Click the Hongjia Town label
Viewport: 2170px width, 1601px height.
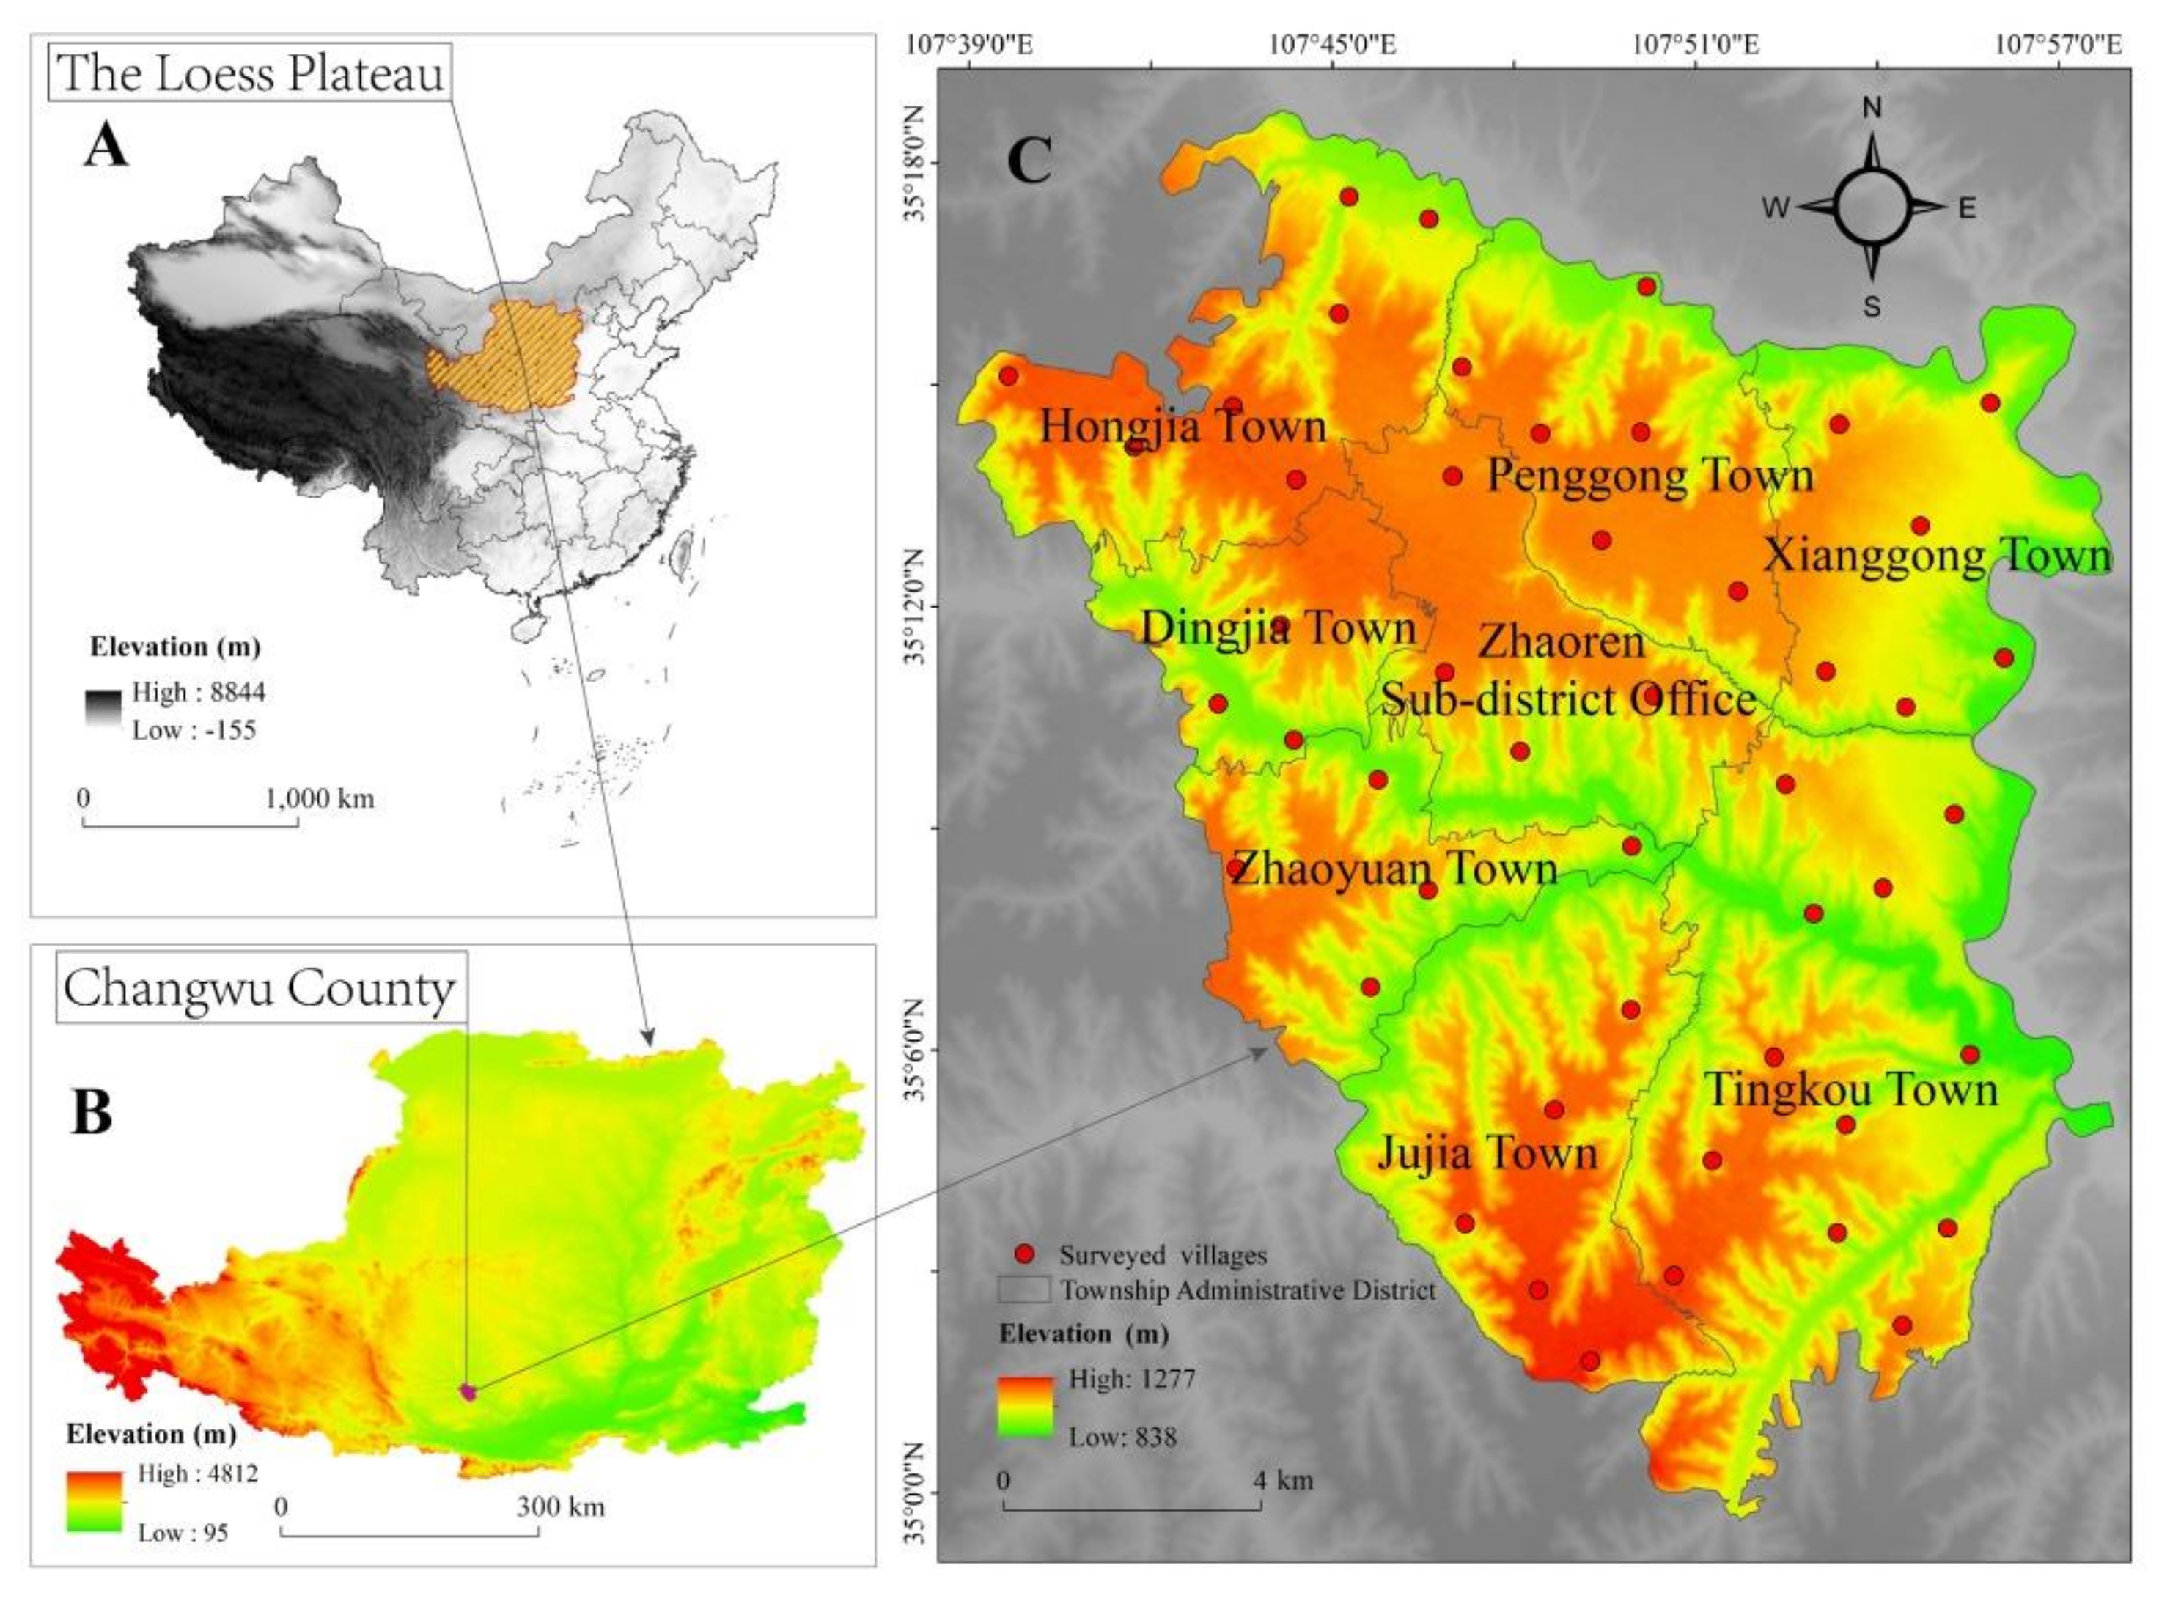click(x=1183, y=427)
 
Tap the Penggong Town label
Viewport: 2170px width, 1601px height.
click(x=1649, y=476)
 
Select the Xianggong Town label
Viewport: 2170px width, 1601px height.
click(x=1936, y=556)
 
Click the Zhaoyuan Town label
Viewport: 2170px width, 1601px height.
click(x=1394, y=869)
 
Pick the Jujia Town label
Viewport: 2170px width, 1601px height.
click(x=1487, y=1153)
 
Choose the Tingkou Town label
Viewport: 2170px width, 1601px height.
click(x=1852, y=1090)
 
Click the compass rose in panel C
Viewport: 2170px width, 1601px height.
click(x=1872, y=207)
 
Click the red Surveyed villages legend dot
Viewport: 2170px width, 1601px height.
click(x=1024, y=1255)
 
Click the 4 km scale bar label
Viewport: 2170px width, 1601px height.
click(x=1283, y=1480)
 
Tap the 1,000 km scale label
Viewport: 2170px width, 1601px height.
click(x=319, y=798)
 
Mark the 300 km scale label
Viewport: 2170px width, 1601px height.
click(x=559, y=1507)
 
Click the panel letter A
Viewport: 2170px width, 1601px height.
click(x=106, y=148)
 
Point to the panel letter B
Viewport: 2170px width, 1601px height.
click(x=92, y=1113)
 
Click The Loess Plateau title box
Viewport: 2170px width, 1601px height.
click(x=250, y=73)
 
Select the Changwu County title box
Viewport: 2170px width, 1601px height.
click(x=260, y=988)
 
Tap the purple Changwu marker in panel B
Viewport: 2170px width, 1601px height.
click(x=469, y=1393)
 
